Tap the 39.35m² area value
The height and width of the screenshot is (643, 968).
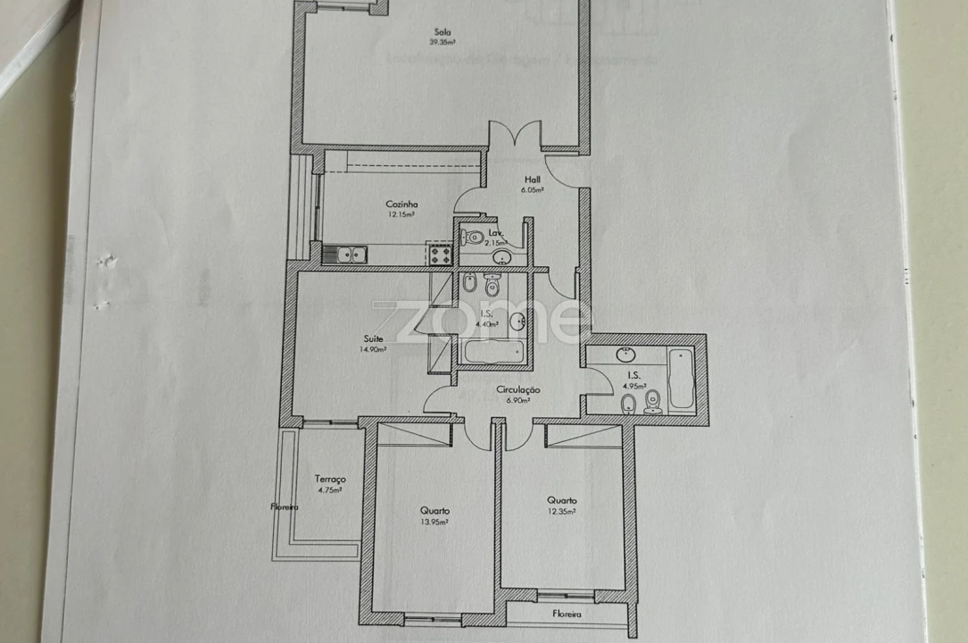click(x=443, y=42)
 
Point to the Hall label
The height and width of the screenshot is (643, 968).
click(x=533, y=179)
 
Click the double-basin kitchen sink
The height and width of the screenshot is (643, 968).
click(x=345, y=255)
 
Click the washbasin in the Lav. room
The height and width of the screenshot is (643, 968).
click(x=502, y=258)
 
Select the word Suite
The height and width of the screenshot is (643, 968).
click(x=373, y=338)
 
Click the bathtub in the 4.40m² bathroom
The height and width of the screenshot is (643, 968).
click(x=491, y=353)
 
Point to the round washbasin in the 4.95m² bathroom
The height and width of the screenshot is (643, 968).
click(x=625, y=354)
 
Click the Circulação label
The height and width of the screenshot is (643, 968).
click(x=518, y=390)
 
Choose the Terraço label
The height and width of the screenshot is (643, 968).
click(x=331, y=480)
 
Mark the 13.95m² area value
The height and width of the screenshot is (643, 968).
click(x=434, y=522)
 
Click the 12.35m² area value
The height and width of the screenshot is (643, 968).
click(x=562, y=512)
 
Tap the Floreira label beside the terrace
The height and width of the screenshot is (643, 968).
click(x=285, y=506)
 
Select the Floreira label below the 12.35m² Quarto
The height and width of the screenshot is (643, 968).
click(x=567, y=615)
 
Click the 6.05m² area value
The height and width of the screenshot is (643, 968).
click(x=534, y=189)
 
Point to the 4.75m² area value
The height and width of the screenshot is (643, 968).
click(x=331, y=489)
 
